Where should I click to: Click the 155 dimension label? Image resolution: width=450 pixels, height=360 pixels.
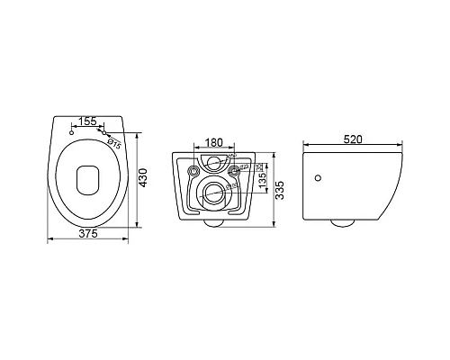click(x=87, y=120)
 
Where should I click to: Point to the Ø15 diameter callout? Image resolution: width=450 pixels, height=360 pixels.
click(x=114, y=139)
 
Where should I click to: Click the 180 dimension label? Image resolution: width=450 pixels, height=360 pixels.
click(x=214, y=142)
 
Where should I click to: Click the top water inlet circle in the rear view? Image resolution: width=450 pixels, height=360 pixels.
click(x=213, y=163)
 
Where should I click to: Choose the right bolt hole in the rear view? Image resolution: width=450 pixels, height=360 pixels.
click(x=235, y=170)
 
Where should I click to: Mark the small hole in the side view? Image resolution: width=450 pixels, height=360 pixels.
click(x=318, y=178)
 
